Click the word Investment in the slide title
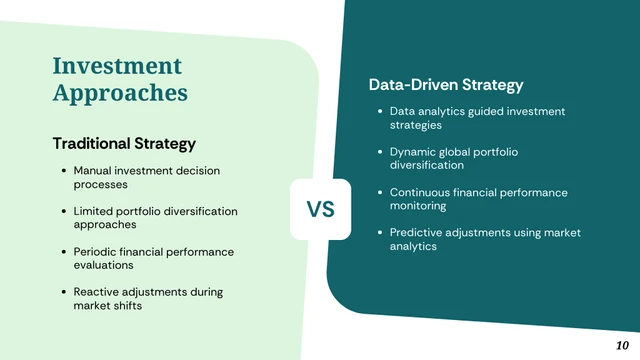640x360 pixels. pyautogui.click(x=117, y=66)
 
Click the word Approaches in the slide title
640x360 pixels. pyautogui.click(x=120, y=93)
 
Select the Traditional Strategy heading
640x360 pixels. pyautogui.click(x=124, y=144)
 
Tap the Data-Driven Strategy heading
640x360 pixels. pyautogui.click(x=446, y=86)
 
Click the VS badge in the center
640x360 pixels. pyautogui.click(x=320, y=210)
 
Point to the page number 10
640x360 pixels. pyautogui.click(x=623, y=344)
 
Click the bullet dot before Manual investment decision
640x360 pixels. pyautogui.click(x=64, y=171)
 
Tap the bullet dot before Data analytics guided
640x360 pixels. pyautogui.click(x=380, y=112)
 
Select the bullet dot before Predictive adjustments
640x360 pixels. pyautogui.click(x=380, y=233)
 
